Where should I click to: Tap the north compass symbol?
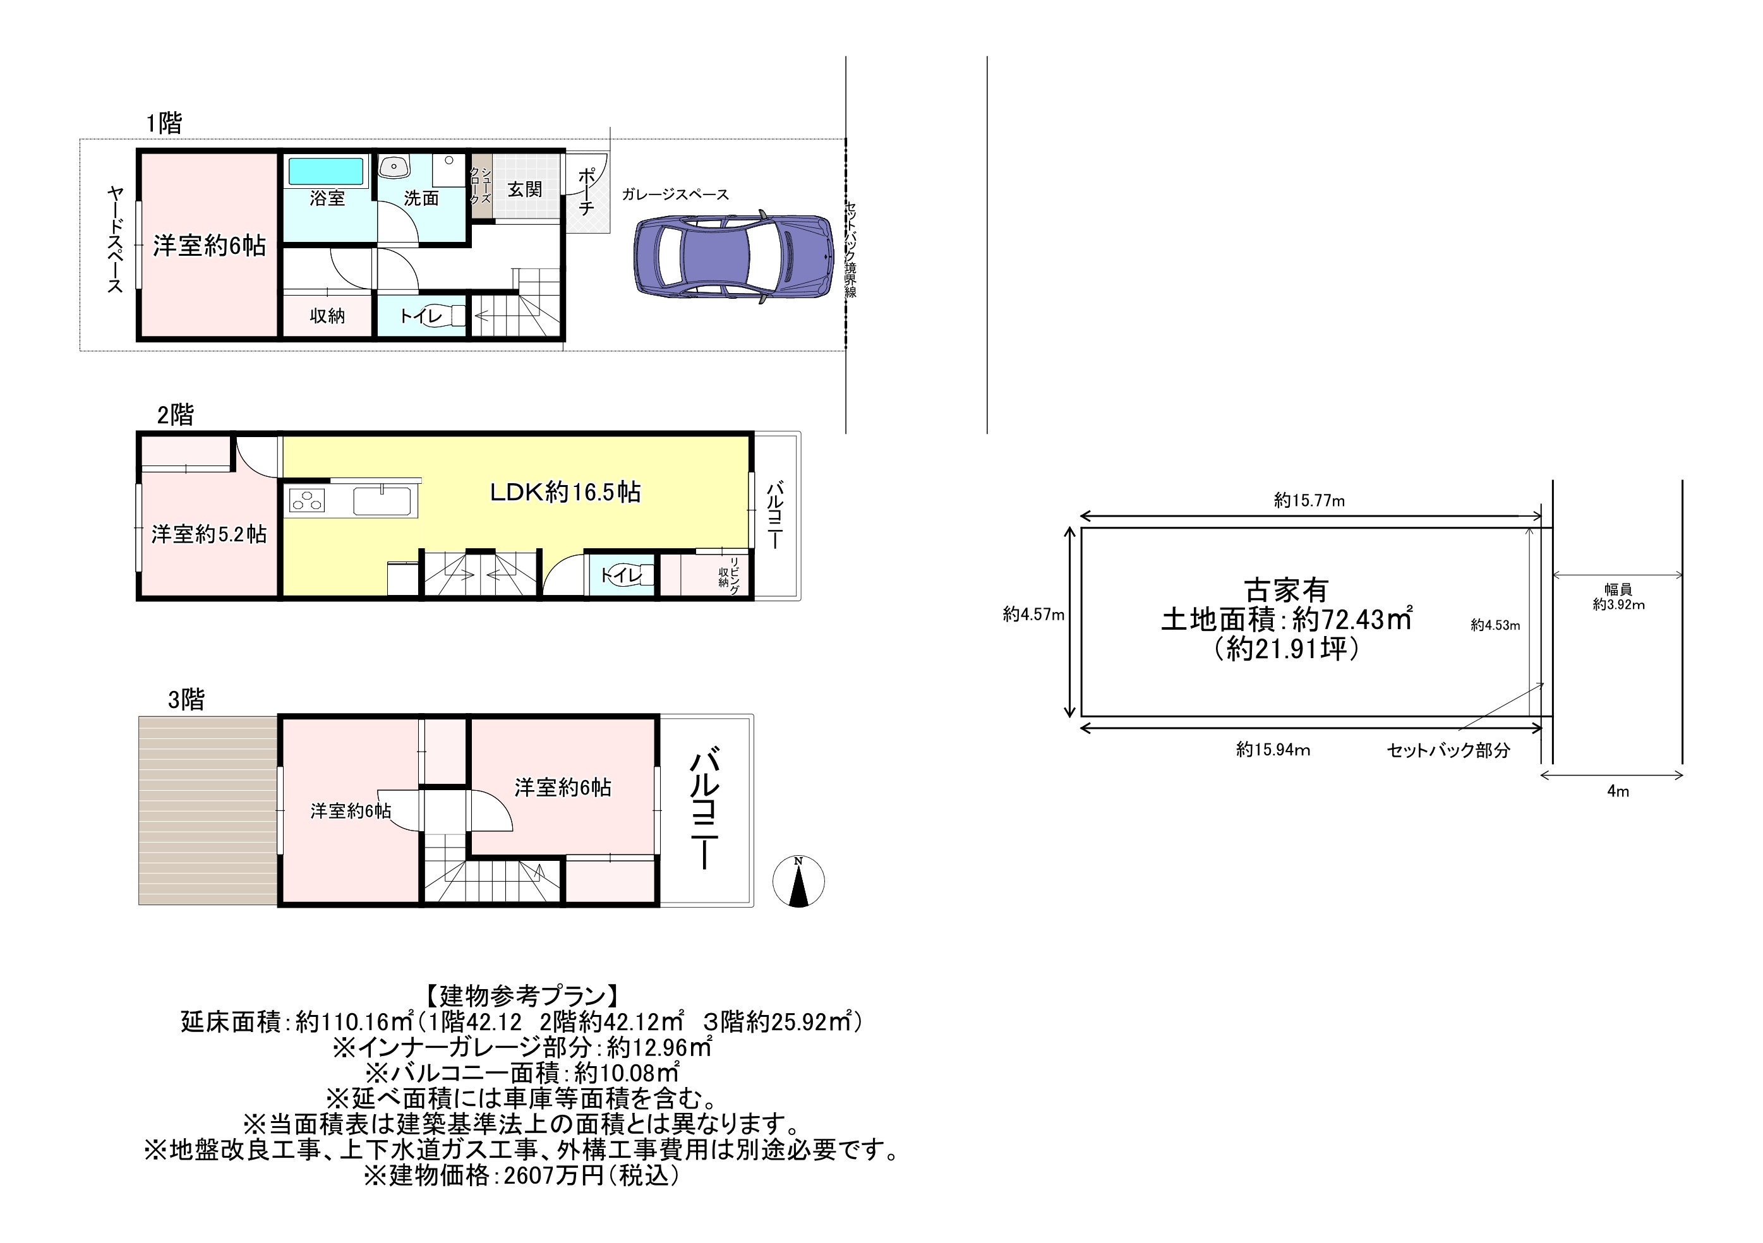[798, 881]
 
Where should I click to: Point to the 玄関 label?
[525, 189]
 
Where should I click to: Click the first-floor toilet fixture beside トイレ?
[457, 316]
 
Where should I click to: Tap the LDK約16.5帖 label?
[565, 492]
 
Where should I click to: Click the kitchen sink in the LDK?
[382, 501]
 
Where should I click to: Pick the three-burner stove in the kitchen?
[307, 501]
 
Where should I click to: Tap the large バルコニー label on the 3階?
[704, 810]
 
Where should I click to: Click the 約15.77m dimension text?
[1309, 501]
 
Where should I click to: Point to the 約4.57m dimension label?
[1033, 614]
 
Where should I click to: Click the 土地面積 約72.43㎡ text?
[1286, 619]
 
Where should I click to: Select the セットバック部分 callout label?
[1448, 750]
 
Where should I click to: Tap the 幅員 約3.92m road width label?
[1618, 596]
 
